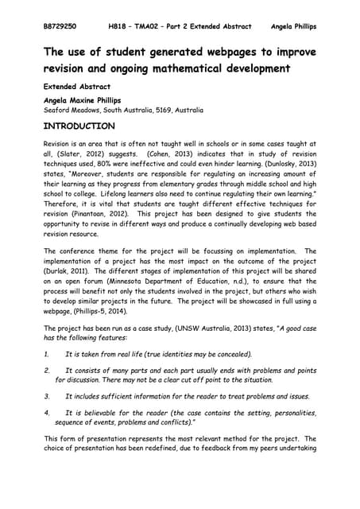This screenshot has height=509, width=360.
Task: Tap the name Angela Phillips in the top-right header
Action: coord(294,26)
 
